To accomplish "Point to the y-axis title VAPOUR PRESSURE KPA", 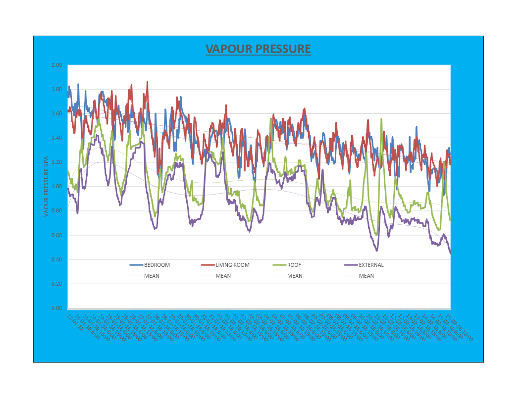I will (47, 187).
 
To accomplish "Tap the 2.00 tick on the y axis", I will (57, 65).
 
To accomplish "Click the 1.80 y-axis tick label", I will (57, 90).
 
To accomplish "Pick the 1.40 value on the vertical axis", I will (57, 138).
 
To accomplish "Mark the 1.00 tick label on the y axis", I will (57, 187).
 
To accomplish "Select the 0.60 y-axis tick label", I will (57, 235).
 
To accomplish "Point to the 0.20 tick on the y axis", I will (57, 284).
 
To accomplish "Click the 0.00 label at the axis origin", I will (57, 308).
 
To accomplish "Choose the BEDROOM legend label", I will (157, 265).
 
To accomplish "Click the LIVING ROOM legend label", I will (232, 265).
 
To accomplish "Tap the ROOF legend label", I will (294, 265).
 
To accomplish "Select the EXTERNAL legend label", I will (371, 265).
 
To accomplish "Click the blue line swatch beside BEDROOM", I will (136, 265).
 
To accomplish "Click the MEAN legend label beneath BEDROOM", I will (152, 276).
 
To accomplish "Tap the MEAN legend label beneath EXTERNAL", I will (366, 276).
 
